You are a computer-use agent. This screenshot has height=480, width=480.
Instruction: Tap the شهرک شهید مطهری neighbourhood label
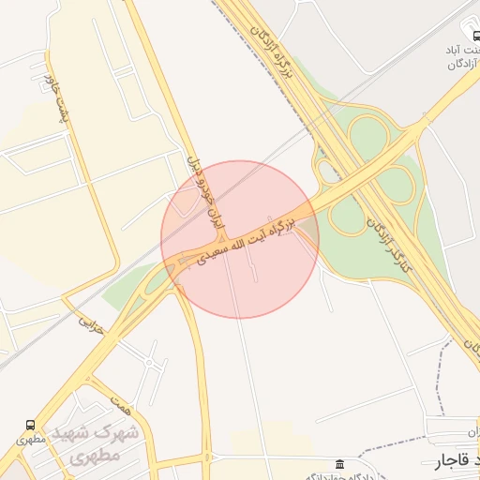[x=104, y=446]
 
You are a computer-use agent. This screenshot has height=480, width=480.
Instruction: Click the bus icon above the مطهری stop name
[x=31, y=426]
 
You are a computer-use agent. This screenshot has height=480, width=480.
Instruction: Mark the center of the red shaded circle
[x=240, y=239]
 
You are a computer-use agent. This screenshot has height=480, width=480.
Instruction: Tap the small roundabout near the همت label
[x=150, y=361]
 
